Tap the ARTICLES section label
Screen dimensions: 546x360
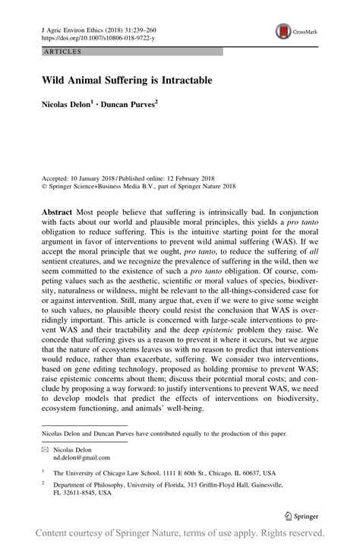[55, 52]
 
